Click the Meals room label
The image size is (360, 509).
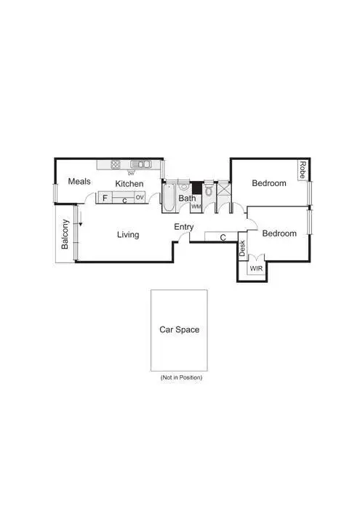pyautogui.click(x=79, y=182)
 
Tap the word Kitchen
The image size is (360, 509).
pyautogui.click(x=129, y=184)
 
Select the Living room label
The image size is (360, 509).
pyautogui.click(x=128, y=234)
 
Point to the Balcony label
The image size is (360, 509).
pyautogui.click(x=65, y=235)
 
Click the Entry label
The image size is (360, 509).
pyautogui.click(x=184, y=228)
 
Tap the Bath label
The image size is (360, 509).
pyautogui.click(x=187, y=198)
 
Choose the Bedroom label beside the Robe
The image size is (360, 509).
pyautogui.click(x=268, y=183)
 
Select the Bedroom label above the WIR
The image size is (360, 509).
pyautogui.click(x=279, y=233)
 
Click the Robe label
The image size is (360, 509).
pyautogui.click(x=302, y=171)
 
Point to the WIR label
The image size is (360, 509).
pyautogui.click(x=256, y=268)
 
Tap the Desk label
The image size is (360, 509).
pyautogui.click(x=242, y=249)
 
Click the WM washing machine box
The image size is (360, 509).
pyautogui.click(x=196, y=207)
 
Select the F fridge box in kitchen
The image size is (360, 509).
pyautogui.click(x=105, y=198)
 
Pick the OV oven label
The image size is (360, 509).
pyautogui.click(x=139, y=198)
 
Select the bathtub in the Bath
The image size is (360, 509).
pyautogui.click(x=168, y=197)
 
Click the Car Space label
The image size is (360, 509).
pyautogui.click(x=179, y=329)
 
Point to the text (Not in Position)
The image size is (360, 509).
pyautogui.click(x=180, y=378)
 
